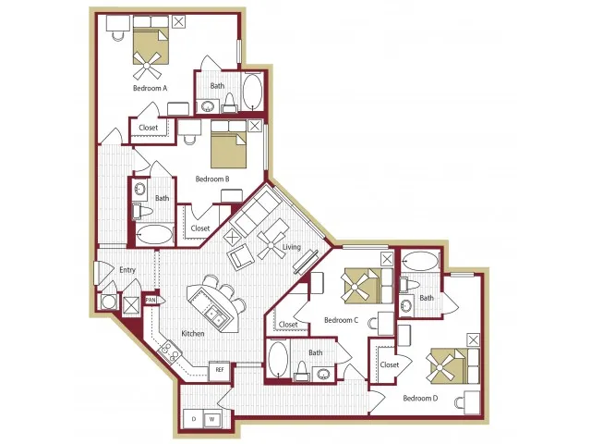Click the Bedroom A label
tap(150, 88)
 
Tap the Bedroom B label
tap(212, 179)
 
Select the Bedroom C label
tap(341, 320)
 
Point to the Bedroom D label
tap(420, 398)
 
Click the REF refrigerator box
tap(220, 370)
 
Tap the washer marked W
tap(212, 419)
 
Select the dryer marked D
tap(194, 419)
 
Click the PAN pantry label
tap(151, 300)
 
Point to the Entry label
tap(127, 270)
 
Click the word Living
tap(292, 247)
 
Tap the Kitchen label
tap(193, 333)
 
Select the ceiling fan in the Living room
tap(271, 245)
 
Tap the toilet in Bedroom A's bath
tap(230, 104)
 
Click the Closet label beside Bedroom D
tap(390, 364)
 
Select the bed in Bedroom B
tap(229, 144)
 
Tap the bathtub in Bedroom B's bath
tap(154, 234)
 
